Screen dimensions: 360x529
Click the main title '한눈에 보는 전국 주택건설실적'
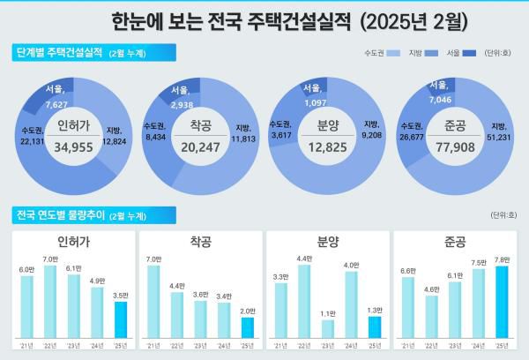pos(231,19)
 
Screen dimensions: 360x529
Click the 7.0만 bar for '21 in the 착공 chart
pos(154,303)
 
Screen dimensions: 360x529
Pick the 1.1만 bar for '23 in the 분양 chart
pos(328,329)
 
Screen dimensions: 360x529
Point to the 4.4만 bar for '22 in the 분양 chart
pos(304,303)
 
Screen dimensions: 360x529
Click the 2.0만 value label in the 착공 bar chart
pos(248,311)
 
